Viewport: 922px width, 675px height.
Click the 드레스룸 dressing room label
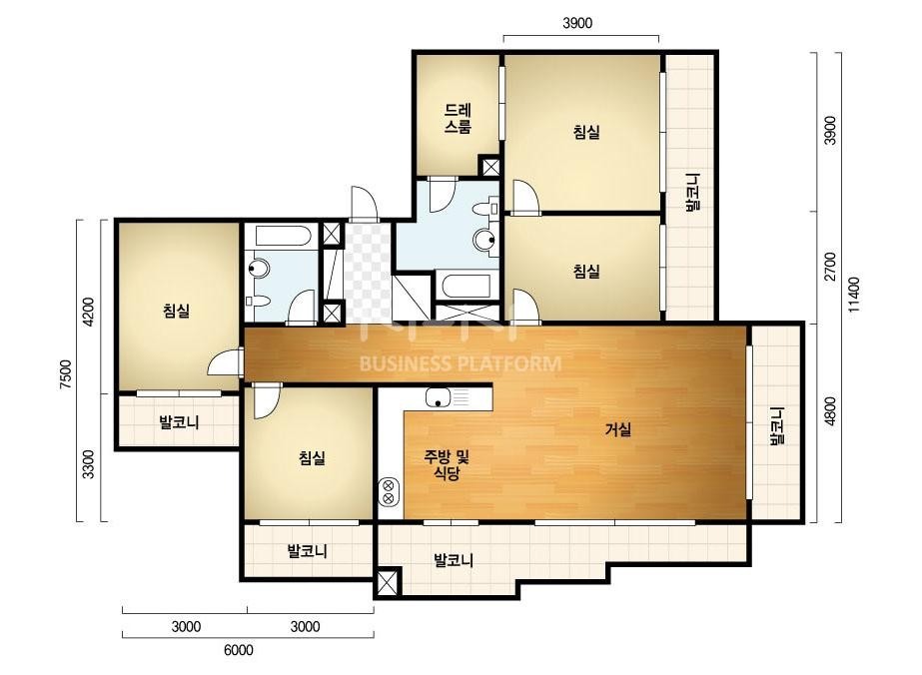[458, 118]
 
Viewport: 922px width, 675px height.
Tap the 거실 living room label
[618, 429]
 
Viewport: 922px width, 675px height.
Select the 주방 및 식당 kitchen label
[447, 464]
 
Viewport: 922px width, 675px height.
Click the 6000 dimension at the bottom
[239, 650]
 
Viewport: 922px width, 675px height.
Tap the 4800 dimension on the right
[830, 411]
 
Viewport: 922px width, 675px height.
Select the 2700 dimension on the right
[830, 267]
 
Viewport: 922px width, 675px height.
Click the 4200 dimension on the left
[88, 312]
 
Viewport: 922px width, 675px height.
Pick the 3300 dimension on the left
[88, 464]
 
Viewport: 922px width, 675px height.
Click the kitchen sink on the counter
[439, 397]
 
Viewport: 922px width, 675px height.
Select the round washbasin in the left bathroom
[258, 270]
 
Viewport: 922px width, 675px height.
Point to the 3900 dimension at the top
[577, 23]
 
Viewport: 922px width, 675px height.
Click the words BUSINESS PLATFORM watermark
[460, 363]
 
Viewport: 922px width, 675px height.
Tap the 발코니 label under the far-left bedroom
[179, 421]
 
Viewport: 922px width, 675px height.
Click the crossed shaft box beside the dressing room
[489, 165]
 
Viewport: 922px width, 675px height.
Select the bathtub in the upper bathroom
[466, 286]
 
